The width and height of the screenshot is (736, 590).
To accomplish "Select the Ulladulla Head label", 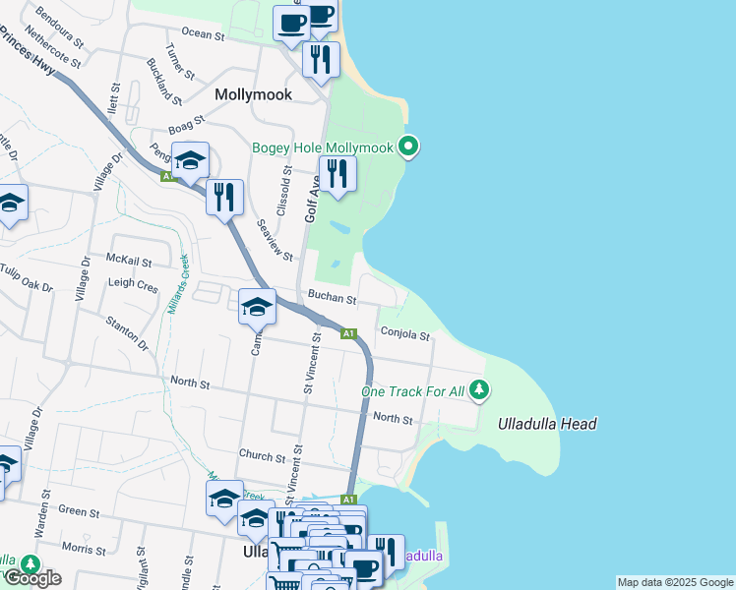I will point(547,424).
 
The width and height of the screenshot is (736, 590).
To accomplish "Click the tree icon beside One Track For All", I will point(479,390).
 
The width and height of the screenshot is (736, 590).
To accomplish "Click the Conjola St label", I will point(405,335).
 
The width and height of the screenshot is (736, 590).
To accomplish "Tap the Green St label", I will point(81,511).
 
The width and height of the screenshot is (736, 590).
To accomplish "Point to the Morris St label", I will point(83,546).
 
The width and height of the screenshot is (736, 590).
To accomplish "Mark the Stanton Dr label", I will point(128,331).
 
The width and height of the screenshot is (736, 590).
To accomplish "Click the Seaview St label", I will point(275,239).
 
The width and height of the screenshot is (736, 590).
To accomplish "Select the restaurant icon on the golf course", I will point(337,175).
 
